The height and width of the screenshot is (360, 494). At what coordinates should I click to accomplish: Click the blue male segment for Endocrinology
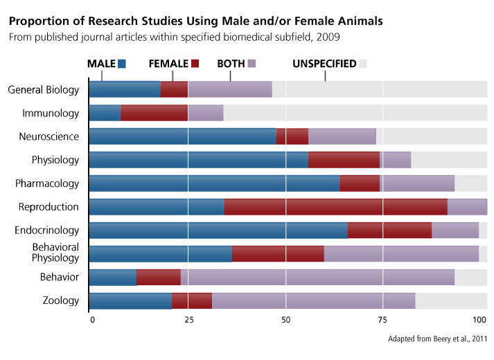click(x=218, y=231)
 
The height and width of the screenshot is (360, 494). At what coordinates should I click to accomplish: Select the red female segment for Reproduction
click(x=335, y=207)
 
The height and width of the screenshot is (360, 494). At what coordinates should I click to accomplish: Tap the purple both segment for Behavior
click(x=317, y=278)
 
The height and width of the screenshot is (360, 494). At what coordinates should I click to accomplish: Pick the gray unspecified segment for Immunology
click(x=355, y=113)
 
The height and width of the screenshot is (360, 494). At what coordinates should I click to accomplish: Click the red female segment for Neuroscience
click(x=292, y=136)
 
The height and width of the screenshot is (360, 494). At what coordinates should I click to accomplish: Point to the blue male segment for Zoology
click(x=130, y=301)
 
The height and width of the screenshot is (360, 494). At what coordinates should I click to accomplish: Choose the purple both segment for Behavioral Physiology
click(x=401, y=254)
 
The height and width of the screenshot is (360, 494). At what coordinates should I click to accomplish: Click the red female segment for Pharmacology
click(x=360, y=183)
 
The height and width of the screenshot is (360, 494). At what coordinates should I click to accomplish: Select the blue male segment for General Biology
click(x=125, y=89)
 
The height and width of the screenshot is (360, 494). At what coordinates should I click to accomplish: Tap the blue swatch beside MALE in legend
click(x=123, y=64)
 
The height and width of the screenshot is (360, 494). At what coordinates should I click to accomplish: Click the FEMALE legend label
click(x=168, y=64)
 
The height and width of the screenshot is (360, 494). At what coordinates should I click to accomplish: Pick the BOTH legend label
click(x=231, y=64)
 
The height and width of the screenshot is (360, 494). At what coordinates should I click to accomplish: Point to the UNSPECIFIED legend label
click(x=324, y=64)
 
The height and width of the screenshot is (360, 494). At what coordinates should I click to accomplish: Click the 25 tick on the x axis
click(x=188, y=320)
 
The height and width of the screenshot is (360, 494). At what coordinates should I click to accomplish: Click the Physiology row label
click(x=55, y=160)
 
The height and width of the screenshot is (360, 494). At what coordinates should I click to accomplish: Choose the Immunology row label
click(x=51, y=113)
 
